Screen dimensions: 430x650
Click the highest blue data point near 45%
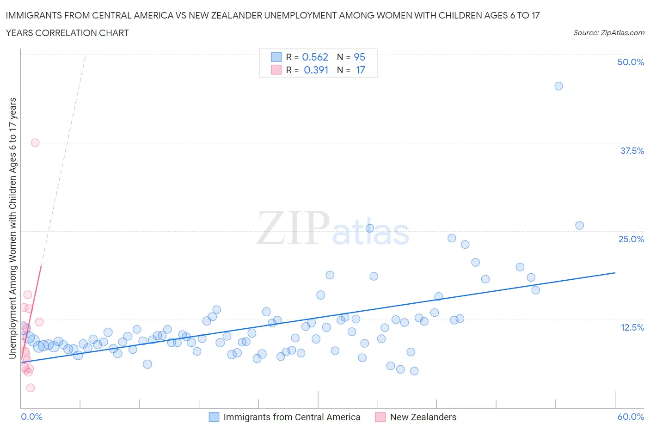tap(558, 86)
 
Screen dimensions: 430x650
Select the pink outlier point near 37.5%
tap(35, 143)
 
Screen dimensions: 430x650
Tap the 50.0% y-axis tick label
tap(631, 62)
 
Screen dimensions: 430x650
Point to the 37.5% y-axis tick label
tap(632, 151)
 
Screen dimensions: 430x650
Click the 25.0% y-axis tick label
tap(631, 239)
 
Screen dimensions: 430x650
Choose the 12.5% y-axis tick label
tap(632, 327)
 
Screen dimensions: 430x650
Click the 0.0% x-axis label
tap(32, 417)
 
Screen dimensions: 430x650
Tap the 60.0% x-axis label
tap(631, 417)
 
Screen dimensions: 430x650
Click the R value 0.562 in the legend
tap(315, 57)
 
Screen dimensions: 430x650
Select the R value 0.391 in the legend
tap(316, 70)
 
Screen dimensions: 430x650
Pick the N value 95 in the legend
tap(359, 57)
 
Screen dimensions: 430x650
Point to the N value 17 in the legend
tap(361, 70)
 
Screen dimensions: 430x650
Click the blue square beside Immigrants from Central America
tap(214, 417)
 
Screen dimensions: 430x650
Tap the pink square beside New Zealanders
tap(380, 417)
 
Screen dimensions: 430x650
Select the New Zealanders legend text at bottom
tap(423, 417)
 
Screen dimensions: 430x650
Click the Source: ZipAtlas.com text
tap(608, 32)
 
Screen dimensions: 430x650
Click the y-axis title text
tap(13, 228)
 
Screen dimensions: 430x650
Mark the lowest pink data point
tap(31, 387)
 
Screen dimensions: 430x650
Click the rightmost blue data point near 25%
tap(579, 226)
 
